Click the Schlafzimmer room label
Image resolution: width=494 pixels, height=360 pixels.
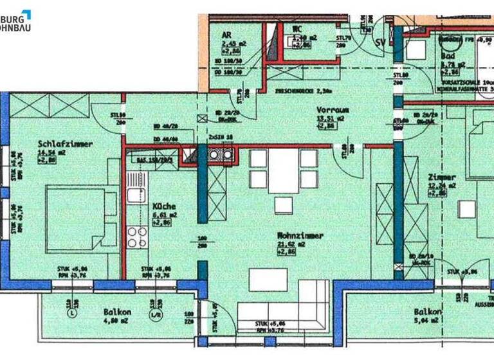pos(65,145)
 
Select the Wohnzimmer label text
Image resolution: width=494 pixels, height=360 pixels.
pos(297,236)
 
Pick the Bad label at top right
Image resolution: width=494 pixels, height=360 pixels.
pos(448,56)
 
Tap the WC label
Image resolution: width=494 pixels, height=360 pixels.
pos(297,29)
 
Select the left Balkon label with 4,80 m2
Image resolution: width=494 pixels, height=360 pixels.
pos(117,312)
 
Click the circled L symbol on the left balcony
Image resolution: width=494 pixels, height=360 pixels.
pos(71,314)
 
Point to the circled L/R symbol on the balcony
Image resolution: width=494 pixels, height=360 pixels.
pos(154,314)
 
